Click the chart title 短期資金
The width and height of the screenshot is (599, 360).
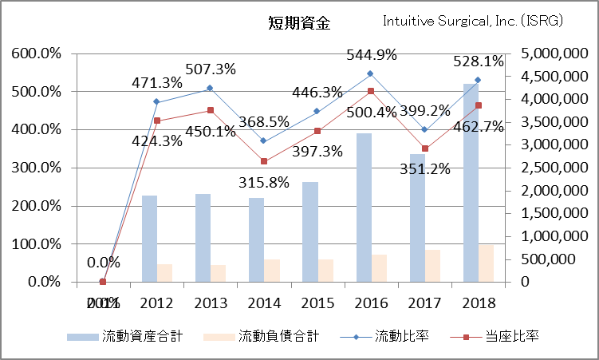[x=298, y=22]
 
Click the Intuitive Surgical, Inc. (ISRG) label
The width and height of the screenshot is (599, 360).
[x=473, y=21]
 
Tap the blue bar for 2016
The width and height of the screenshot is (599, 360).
[x=364, y=208]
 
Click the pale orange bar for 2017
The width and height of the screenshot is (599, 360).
[x=433, y=266]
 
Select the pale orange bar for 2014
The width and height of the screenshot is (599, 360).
[x=273, y=270]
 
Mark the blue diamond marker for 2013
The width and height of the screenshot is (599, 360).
[x=209, y=88]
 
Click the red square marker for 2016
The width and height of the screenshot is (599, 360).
[x=371, y=91]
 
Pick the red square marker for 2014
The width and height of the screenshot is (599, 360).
[x=264, y=161]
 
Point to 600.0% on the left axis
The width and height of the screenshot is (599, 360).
[x=36, y=53]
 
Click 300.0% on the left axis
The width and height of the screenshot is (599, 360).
[x=36, y=168]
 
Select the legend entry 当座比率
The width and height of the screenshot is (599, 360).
[x=496, y=336]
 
